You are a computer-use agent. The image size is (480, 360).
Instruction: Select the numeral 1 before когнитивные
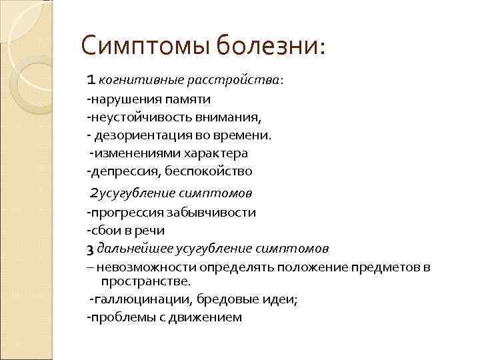click(92, 81)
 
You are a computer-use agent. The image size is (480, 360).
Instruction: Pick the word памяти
click(187, 99)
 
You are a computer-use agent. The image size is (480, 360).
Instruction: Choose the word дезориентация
click(137, 135)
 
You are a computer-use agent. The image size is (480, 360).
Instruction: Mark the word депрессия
click(123, 171)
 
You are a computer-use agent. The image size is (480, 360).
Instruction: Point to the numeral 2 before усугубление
click(94, 194)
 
